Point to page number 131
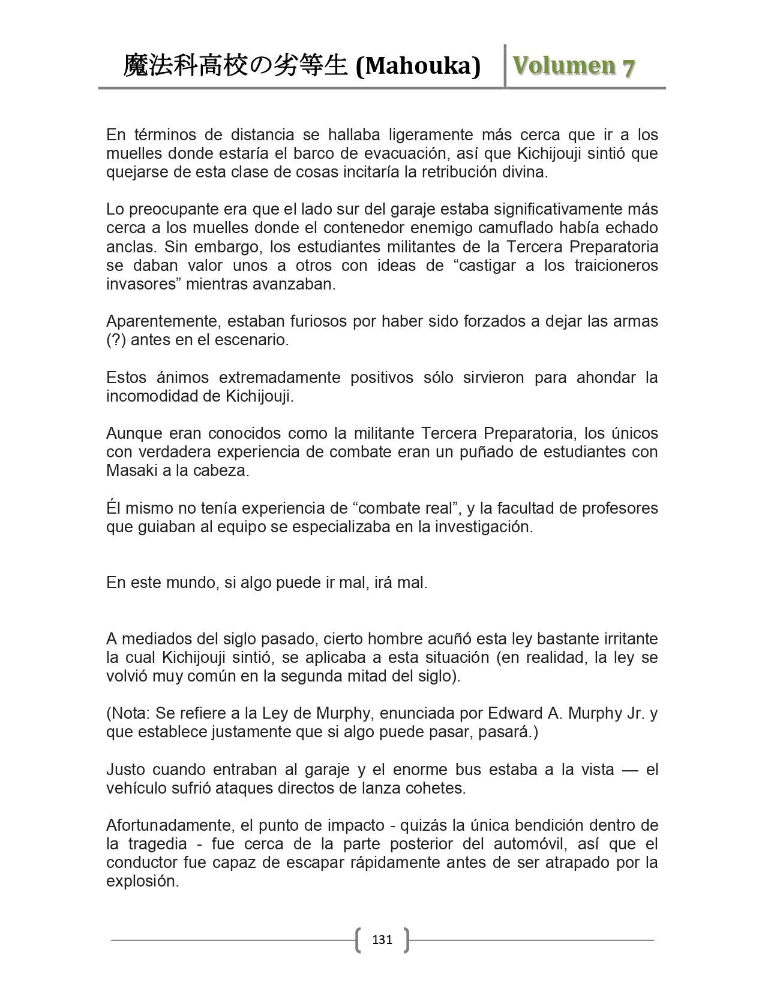[382, 939]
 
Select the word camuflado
[514, 228]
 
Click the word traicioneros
[613, 265]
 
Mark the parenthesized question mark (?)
[116, 340]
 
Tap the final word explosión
[142, 882]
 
